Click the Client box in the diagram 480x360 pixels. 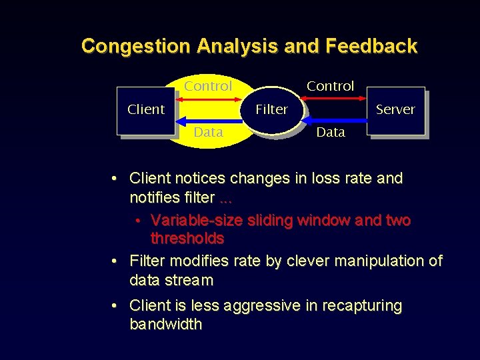pyautogui.click(x=145, y=110)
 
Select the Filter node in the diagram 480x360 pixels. pyautogui.click(x=271, y=109)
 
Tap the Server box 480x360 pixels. pyautogui.click(x=395, y=109)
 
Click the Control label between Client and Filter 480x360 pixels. pyautogui.click(x=208, y=86)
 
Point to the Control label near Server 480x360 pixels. pyautogui.click(x=330, y=86)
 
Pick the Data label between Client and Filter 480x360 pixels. pyautogui.click(x=208, y=132)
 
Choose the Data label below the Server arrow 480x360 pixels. pyautogui.click(x=331, y=132)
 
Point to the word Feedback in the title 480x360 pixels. pyautogui.click(x=371, y=46)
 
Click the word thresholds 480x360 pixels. pyautogui.click(x=187, y=238)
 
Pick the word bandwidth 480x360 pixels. pyautogui.click(x=165, y=324)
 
